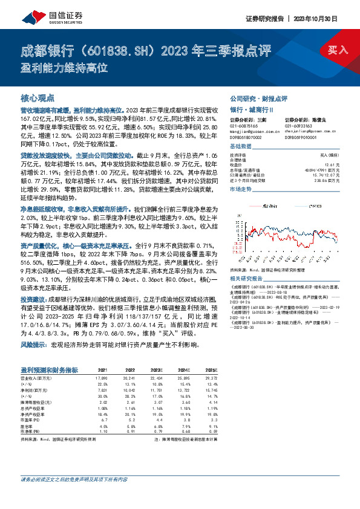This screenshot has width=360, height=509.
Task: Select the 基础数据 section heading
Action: click(240, 148)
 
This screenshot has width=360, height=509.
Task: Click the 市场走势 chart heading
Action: click(240, 190)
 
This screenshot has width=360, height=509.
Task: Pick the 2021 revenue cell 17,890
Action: click(102, 378)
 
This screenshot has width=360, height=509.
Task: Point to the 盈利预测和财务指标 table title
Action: click(48, 369)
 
